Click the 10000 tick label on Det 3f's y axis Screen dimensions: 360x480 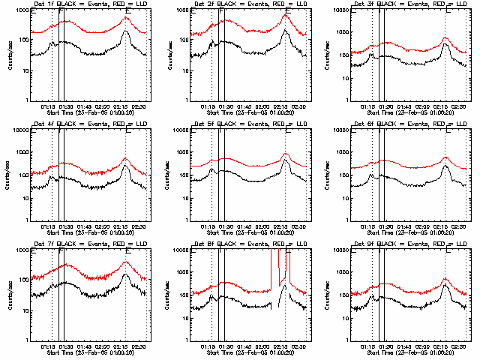[337, 11]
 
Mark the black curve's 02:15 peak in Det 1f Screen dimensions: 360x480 [125, 31]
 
